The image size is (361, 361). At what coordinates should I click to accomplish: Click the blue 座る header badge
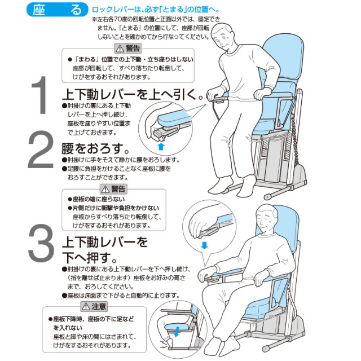pyautogui.click(x=58, y=10)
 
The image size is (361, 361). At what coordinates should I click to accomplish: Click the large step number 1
pyautogui.click(x=39, y=95)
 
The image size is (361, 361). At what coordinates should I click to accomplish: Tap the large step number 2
pyautogui.click(x=41, y=149)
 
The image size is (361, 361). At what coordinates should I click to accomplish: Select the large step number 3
pyautogui.click(x=41, y=243)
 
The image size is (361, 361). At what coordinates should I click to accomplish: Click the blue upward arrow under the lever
pyautogui.click(x=161, y=146)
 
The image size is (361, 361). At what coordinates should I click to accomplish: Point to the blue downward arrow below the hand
pyautogui.click(x=204, y=245)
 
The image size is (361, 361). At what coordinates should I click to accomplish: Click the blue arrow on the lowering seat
pyautogui.click(x=177, y=331)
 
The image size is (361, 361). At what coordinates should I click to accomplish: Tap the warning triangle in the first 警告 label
pyautogui.click(x=120, y=49)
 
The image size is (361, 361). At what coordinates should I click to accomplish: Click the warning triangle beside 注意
pyautogui.click(x=86, y=306)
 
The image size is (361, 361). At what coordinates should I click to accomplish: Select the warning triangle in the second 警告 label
pyautogui.click(x=105, y=189)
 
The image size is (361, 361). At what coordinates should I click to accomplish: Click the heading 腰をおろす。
pyautogui.click(x=95, y=148)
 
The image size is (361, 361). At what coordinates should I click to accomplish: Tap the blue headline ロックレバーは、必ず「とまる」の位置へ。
pyautogui.click(x=156, y=10)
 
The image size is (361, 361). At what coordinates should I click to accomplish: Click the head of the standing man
pyautogui.click(x=223, y=36)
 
